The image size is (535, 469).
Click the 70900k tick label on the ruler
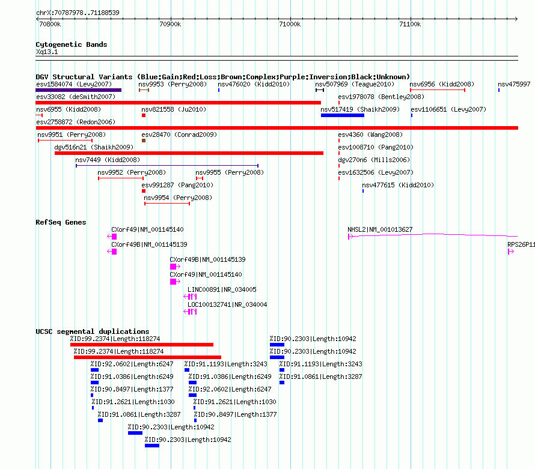pos(170,24)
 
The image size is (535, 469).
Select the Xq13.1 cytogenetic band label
pos(47,52)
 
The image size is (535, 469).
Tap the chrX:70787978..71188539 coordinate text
pos(78,13)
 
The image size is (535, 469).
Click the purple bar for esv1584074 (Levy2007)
pos(79,90)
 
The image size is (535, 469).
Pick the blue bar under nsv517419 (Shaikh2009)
pos(343,115)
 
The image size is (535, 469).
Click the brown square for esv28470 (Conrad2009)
pos(144,141)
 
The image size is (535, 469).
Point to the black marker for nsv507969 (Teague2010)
pos(320,90)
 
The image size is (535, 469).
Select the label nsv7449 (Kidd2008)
pos(108,160)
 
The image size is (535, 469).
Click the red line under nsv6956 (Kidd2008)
pos(438,90)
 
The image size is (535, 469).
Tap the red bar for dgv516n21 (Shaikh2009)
pos(189,153)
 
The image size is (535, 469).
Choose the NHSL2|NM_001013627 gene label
pos(380,229)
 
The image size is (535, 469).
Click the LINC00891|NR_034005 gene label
pos(222,289)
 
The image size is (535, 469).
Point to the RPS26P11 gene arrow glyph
pos(511,252)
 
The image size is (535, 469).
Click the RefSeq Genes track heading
pos(61,222)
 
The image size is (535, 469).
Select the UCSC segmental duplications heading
pos(93,331)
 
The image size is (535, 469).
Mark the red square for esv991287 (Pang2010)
pos(144,191)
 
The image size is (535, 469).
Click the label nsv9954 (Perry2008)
pos(178,198)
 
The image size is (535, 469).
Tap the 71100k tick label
pos(410,24)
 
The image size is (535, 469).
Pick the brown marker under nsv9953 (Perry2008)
pos(144,90)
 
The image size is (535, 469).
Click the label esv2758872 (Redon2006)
pos(76,122)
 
